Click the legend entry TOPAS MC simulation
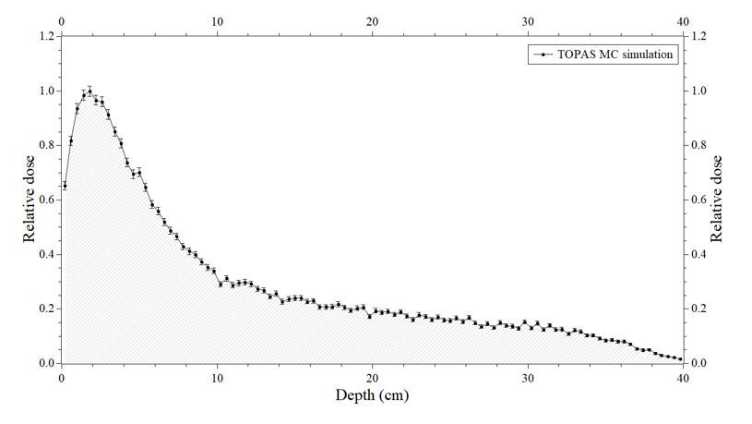615,55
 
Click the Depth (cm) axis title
372,395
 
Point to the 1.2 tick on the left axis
44,37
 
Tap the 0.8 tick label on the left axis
44,146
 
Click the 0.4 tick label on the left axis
44,255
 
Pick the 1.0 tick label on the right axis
698,91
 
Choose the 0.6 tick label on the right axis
698,200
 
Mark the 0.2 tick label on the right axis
698,309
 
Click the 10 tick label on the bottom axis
217,377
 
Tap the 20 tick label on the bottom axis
372,377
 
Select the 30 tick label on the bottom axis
527,377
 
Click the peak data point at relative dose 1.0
90,91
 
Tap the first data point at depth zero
65,186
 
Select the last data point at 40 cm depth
680,358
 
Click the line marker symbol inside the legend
543,55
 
